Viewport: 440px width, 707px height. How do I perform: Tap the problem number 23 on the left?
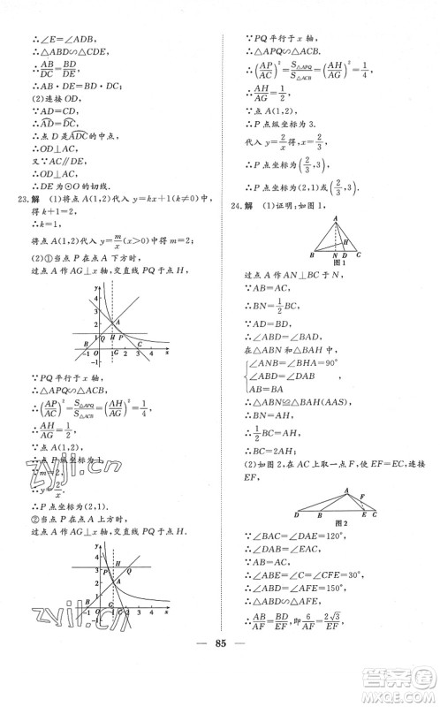click(x=26, y=220)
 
